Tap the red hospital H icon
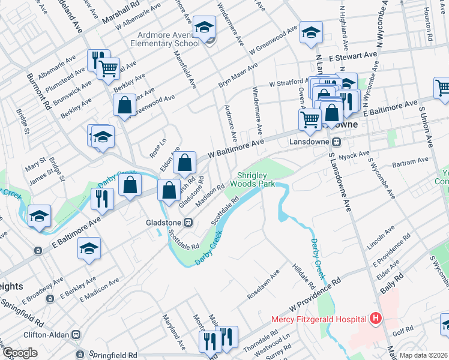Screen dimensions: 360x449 click(376, 318)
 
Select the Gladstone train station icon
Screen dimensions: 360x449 click(188, 222)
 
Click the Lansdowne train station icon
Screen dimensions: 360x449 click(337, 142)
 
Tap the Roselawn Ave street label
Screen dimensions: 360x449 click(264, 285)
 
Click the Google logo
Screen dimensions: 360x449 click(20, 353)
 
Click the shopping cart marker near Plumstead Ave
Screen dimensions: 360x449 click(108, 70)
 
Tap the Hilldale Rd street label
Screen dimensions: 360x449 click(302, 275)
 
